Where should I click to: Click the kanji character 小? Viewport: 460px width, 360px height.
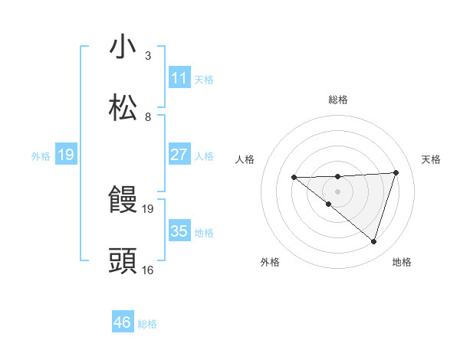click(x=123, y=47)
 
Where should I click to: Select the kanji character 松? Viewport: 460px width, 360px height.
click(x=123, y=108)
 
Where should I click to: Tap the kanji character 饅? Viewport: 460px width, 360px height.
click(x=123, y=200)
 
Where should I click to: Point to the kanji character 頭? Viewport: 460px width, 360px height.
click(x=123, y=261)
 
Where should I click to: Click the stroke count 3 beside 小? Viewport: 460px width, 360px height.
click(x=148, y=56)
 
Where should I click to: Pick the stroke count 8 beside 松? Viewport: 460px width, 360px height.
click(x=148, y=116)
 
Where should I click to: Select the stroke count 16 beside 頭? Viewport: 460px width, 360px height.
click(x=148, y=270)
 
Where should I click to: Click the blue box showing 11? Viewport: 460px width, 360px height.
click(x=179, y=78)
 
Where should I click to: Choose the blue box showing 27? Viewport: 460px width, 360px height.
click(x=179, y=155)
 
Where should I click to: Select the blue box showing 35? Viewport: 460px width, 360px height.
click(x=179, y=231)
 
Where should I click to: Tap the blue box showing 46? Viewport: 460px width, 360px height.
click(x=123, y=322)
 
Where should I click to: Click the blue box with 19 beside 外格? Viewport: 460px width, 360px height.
click(x=66, y=155)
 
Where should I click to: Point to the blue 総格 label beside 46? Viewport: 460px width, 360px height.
click(x=147, y=324)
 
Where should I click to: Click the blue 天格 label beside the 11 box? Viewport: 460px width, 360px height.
click(x=204, y=79)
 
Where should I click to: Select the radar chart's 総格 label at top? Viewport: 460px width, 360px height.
click(x=337, y=100)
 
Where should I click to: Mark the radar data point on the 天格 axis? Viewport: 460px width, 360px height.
click(x=396, y=172)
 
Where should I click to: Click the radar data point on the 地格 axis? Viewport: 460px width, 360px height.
click(x=373, y=241)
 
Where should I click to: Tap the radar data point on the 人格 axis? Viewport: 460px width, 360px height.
click(x=294, y=178)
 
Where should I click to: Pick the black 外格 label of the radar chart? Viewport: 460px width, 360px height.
click(x=270, y=262)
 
